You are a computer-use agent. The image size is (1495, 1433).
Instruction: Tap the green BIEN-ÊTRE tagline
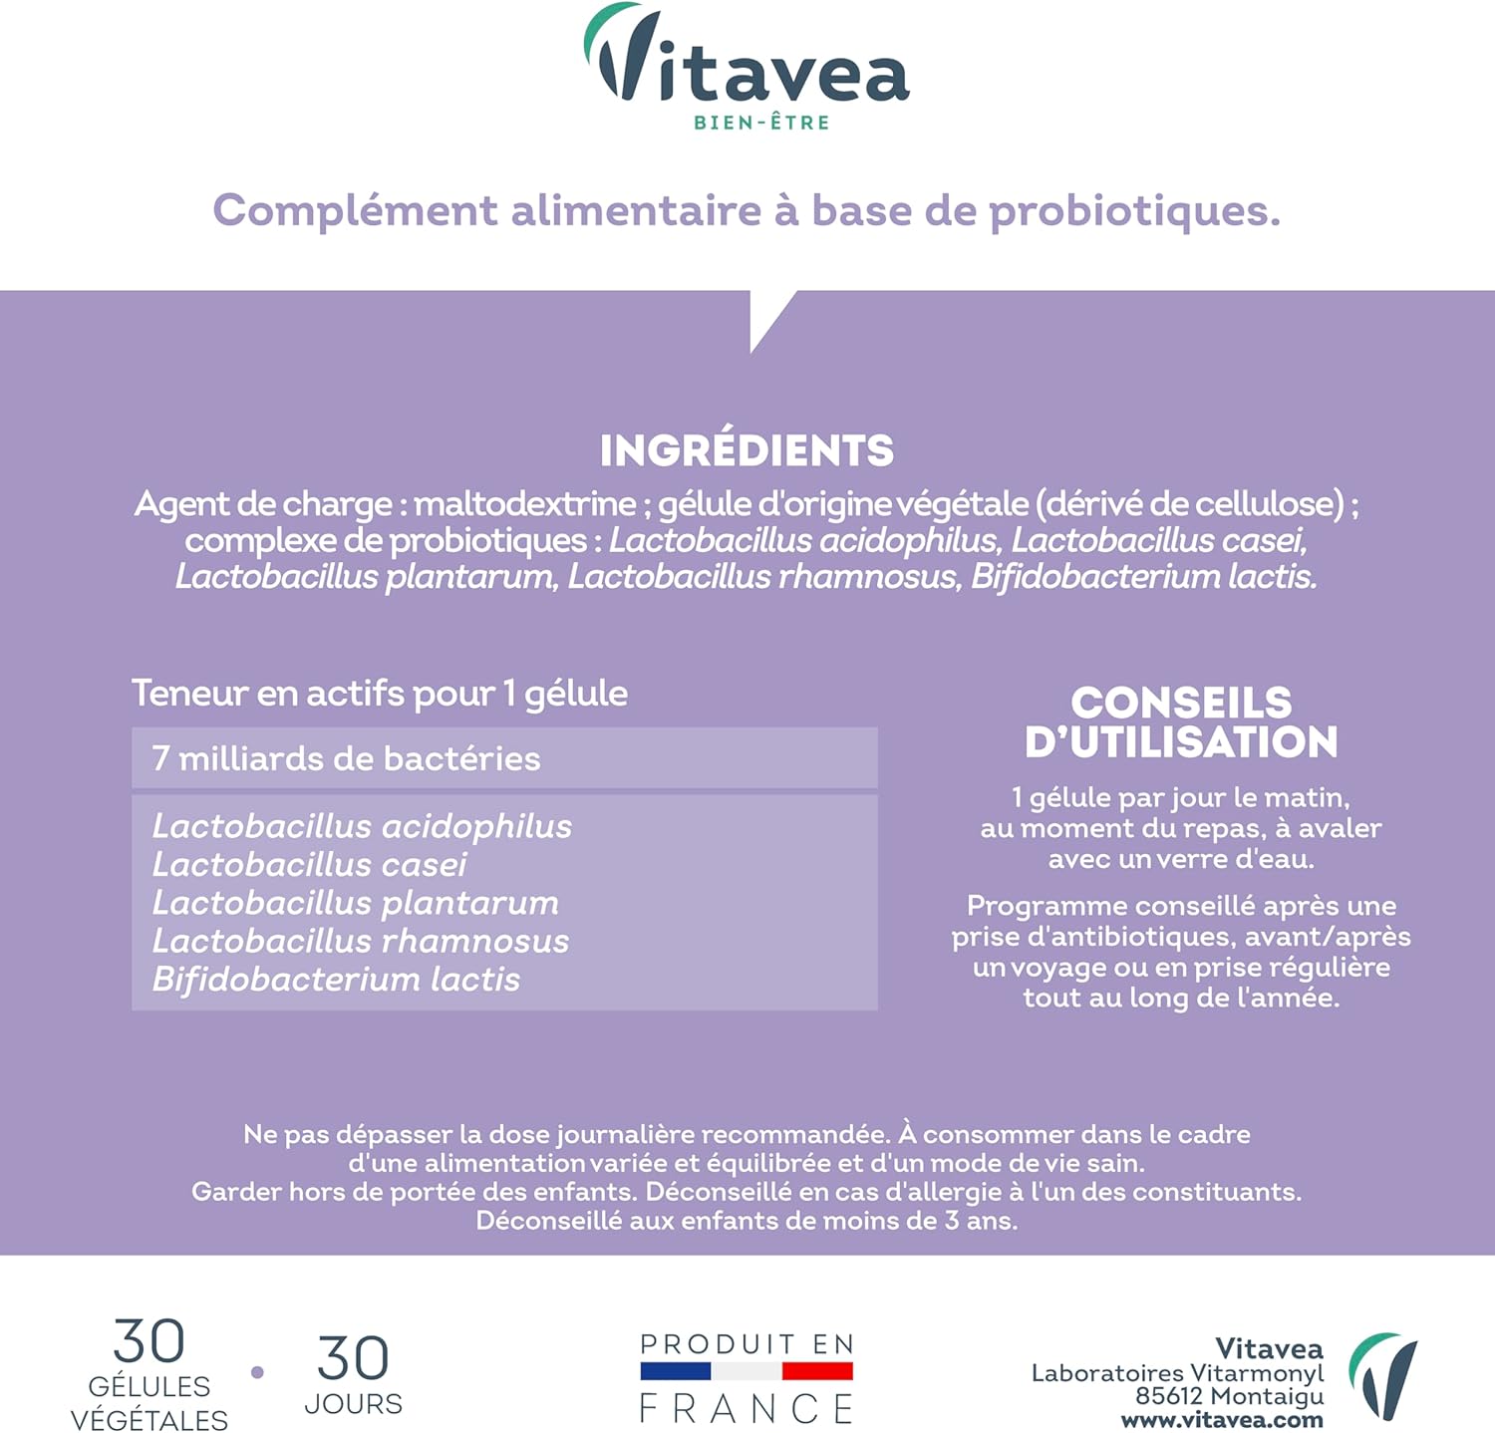pos(761,123)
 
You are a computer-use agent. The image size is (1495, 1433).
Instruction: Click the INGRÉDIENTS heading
pos(747,450)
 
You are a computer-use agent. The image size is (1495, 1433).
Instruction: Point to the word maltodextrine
pos(524,504)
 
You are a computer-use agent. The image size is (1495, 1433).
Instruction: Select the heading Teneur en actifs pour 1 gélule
pos(380,694)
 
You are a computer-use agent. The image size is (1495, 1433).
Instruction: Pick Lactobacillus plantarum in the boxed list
pos(355,903)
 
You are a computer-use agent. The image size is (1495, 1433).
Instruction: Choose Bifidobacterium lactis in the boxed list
pos(336,980)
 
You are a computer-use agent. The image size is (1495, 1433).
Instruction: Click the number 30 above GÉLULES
pos(149,1341)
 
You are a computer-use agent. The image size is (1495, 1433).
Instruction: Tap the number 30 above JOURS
pos(353,1358)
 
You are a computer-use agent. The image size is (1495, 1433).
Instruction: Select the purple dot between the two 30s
pos(257,1372)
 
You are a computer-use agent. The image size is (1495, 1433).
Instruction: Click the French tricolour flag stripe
pos(747,1372)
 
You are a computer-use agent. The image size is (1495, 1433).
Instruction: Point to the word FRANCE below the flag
pos(747,1409)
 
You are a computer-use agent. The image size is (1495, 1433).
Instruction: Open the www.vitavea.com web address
pos(1222,1420)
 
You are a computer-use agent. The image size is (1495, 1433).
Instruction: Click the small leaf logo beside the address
pos(1383,1375)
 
